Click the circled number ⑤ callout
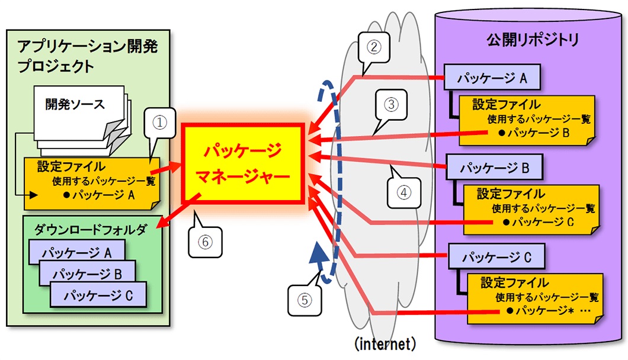[305, 300]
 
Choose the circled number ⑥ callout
[204, 242]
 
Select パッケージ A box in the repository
[491, 78]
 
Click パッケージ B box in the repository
[494, 168]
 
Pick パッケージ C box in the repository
[495, 258]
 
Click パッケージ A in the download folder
[77, 253]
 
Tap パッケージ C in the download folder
[98, 294]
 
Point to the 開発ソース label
[75, 105]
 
